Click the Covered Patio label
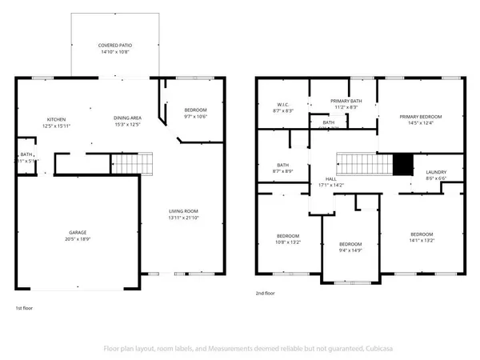click(115, 46)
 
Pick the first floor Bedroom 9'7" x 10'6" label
click(195, 110)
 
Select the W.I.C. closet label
click(282, 103)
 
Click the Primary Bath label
click(346, 101)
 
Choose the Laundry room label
click(436, 171)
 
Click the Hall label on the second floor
click(330, 179)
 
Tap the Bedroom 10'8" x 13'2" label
click(288, 236)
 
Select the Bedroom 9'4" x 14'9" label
click(350, 244)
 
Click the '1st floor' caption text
click(26, 307)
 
